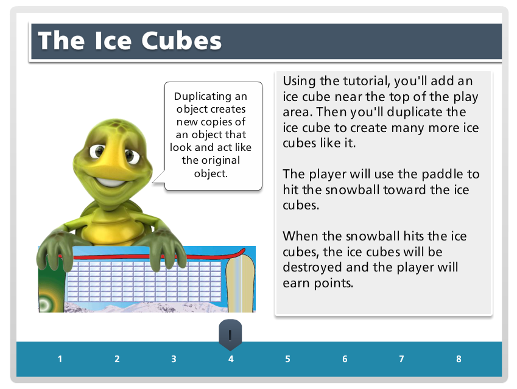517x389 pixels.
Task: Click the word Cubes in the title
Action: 181,41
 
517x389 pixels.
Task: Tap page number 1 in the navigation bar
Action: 60,359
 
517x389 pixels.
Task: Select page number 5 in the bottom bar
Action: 288,359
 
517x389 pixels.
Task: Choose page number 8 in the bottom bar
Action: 459,359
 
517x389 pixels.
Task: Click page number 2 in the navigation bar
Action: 117,359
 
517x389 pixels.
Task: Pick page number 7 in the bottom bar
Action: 401,359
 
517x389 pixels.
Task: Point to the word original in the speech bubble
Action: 220,160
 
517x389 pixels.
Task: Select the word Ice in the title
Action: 113,41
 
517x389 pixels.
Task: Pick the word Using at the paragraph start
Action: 300,82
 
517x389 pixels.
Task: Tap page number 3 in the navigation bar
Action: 174,359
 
